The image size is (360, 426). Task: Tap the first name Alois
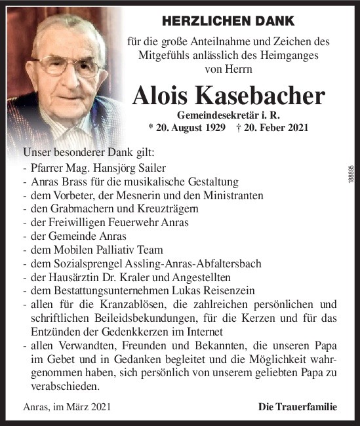click(x=161, y=96)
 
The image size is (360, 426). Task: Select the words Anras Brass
click(x=56, y=182)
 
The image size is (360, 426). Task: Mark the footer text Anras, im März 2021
click(x=67, y=407)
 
